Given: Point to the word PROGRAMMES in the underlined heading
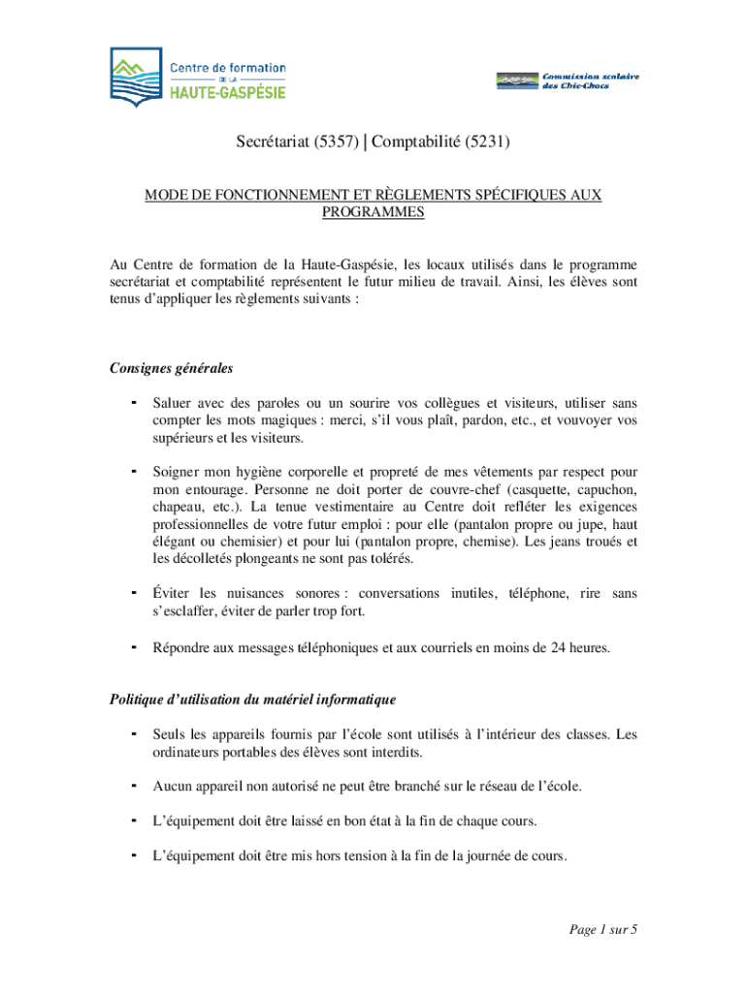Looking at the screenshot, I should tap(373, 213).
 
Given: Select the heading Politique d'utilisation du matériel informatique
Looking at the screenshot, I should tap(251, 699).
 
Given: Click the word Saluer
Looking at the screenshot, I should tap(173, 403).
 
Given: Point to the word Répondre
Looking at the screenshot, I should tap(182, 646).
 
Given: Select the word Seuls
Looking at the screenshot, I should tap(170, 735).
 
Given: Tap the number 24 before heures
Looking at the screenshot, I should tap(560, 646).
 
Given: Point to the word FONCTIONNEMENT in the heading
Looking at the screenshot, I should tap(260, 195).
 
